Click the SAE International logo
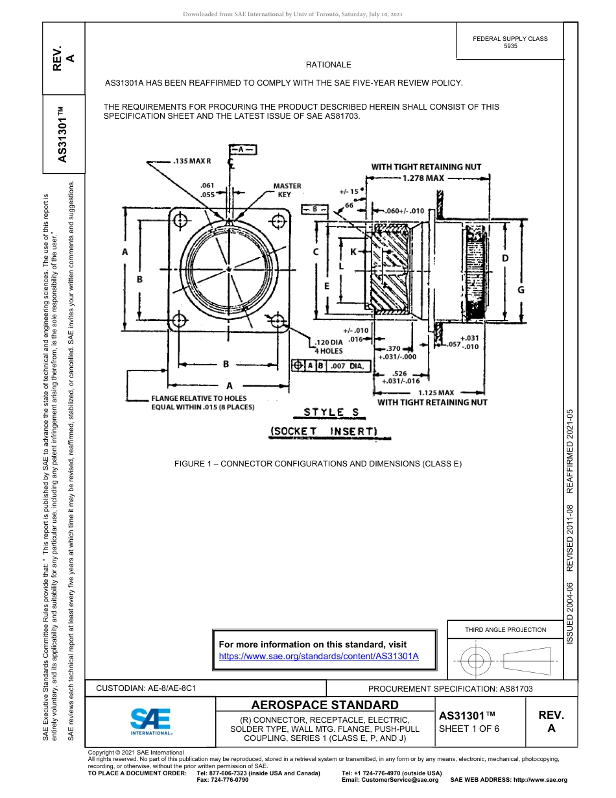coord(150,721)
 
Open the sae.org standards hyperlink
coord(318,656)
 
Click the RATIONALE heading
coord(328,65)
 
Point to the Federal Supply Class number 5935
coord(510,47)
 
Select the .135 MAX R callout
coord(193,161)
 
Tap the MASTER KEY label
coord(287,190)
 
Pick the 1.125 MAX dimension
coord(436,393)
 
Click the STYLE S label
coord(332,412)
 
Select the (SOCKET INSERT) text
coord(323,431)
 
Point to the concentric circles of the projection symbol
coord(476,661)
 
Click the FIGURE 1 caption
coord(318,464)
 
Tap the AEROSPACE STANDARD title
coord(325,705)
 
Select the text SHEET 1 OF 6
coord(469,729)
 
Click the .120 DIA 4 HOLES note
coord(329,346)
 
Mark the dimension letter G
coord(521,290)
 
